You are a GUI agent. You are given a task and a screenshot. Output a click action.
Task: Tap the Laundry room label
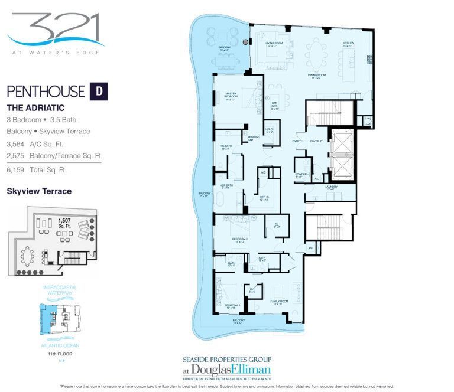point(331,188)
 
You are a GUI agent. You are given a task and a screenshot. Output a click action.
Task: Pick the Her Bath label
point(227,187)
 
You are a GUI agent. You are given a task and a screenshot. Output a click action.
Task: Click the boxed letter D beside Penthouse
point(99,92)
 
